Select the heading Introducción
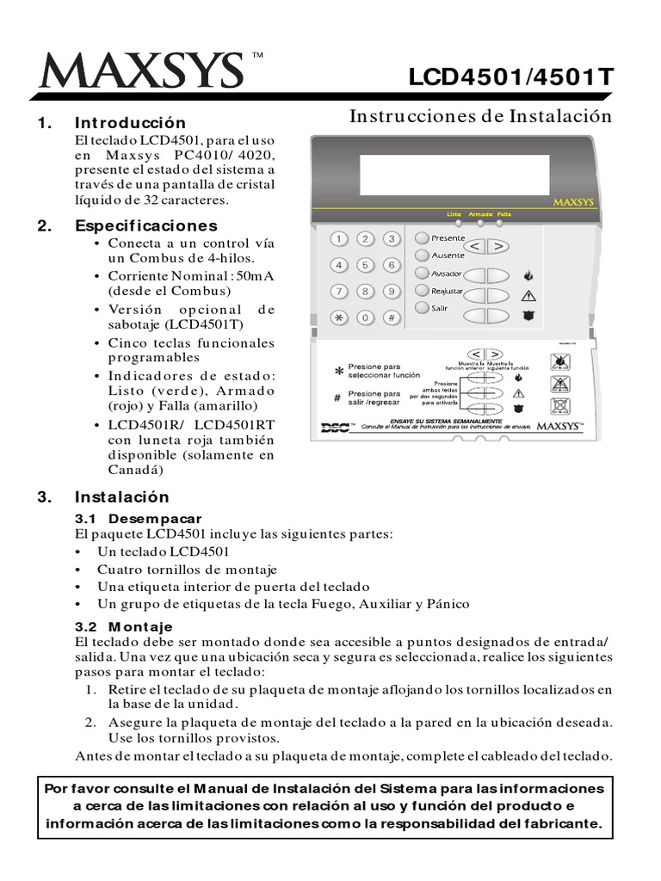click(130, 123)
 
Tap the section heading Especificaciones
click(145, 226)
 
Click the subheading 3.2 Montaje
click(125, 626)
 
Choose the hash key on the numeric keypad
click(392, 317)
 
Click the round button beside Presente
click(422, 238)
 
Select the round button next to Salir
click(422, 308)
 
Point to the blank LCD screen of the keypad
click(454, 175)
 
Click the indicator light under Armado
click(480, 222)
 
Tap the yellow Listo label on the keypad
click(454, 213)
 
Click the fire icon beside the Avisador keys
click(528, 276)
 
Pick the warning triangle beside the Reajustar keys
click(528, 296)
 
